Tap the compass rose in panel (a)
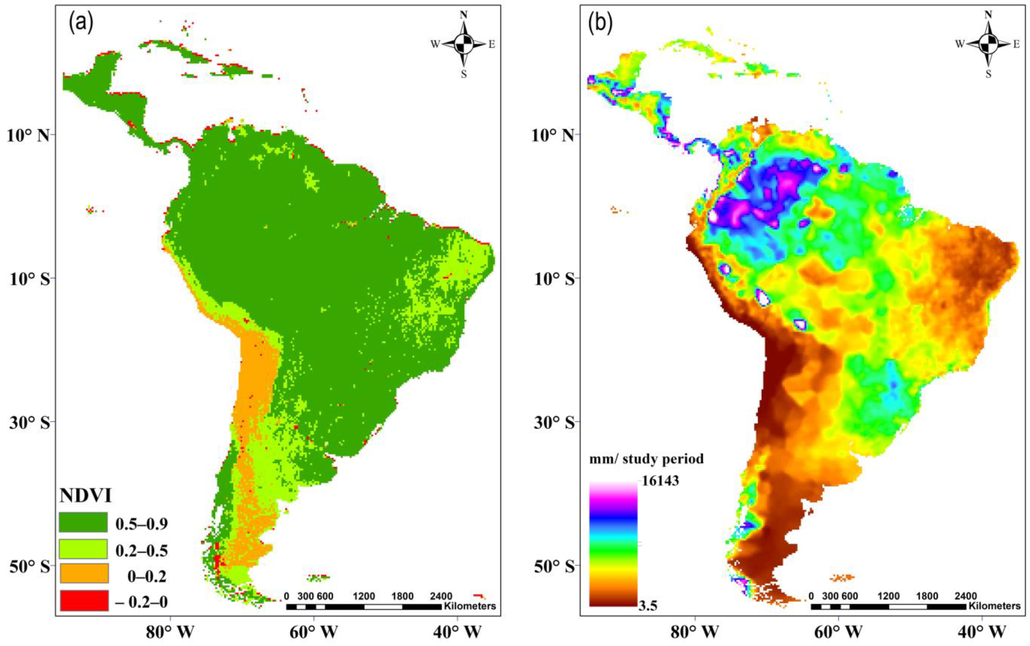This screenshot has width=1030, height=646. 464,44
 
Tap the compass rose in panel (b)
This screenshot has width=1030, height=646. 988,44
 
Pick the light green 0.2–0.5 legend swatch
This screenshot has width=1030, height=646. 83,549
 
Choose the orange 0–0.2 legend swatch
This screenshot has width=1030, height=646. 83,573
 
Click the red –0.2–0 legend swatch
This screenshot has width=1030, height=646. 83,600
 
